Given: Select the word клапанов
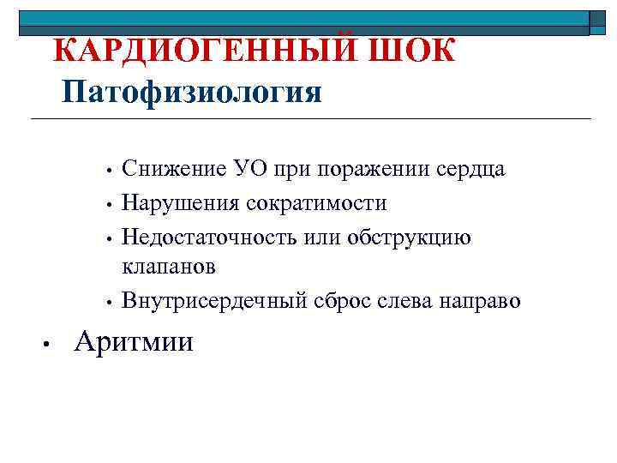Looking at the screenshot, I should (x=169, y=267).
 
